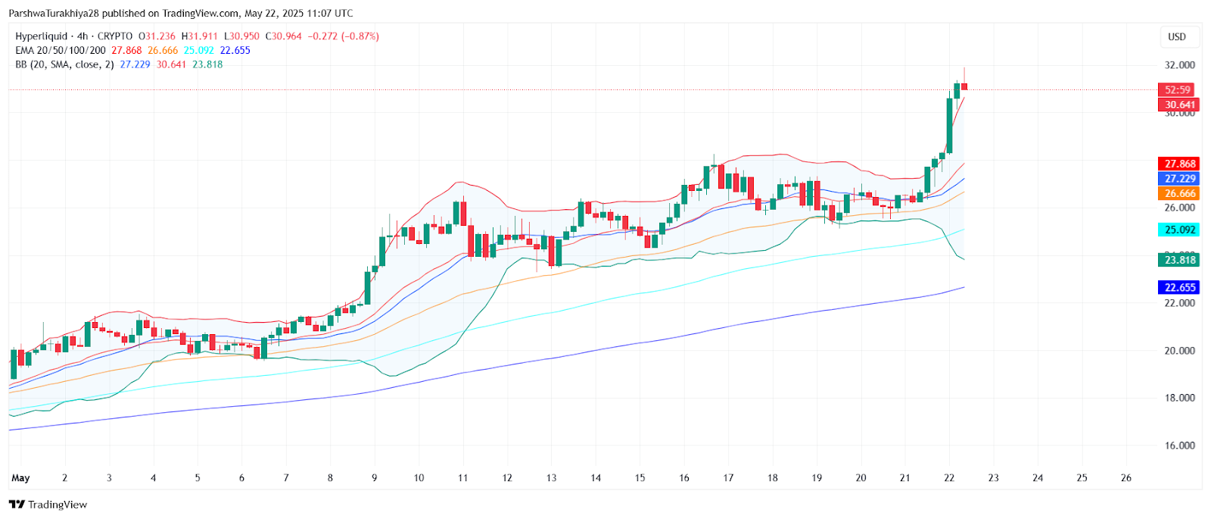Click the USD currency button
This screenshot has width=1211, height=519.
[1176, 36]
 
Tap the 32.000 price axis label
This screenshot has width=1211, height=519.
[1179, 65]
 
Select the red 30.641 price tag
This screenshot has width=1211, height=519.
[1179, 105]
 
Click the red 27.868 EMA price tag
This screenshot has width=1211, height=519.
[1179, 164]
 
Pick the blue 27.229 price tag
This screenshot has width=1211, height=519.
[1179, 179]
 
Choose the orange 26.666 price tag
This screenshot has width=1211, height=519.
[1179, 193]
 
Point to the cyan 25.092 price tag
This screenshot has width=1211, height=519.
[1179, 230]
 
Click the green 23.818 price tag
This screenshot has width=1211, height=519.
[1179, 260]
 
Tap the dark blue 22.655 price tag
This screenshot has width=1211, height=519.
[1179, 287]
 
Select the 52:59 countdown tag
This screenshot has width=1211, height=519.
[1177, 89]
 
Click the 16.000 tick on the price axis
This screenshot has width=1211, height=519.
[1179, 446]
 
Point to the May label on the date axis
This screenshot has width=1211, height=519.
[20, 478]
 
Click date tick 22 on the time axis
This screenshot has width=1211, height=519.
[949, 478]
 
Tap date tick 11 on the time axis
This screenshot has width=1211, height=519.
[462, 478]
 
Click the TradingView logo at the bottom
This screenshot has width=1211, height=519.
[48, 505]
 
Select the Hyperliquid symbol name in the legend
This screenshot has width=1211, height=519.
[41, 36]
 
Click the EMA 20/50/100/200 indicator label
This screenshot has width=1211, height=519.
[61, 51]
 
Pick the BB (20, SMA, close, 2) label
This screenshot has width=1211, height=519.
[64, 64]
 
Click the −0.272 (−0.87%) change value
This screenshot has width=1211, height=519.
[343, 36]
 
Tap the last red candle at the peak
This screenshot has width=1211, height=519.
[964, 86]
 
